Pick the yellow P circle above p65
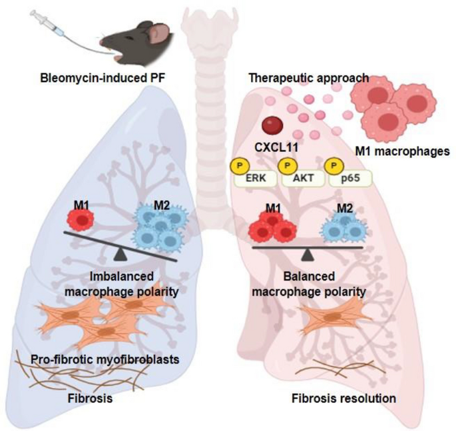(334, 165)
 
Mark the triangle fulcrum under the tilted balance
(120, 254)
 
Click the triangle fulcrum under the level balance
(308, 254)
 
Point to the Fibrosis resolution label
(344, 399)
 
